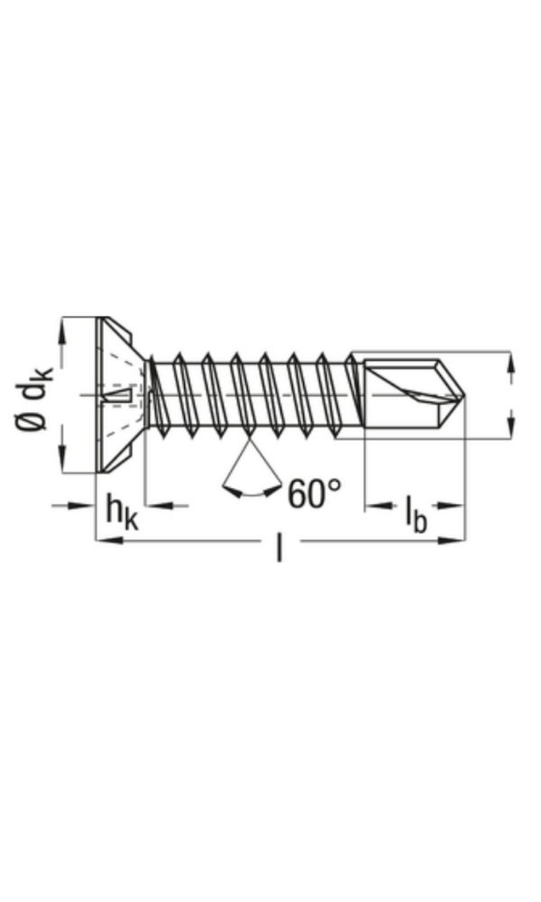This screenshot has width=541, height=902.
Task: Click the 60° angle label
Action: (x=315, y=493)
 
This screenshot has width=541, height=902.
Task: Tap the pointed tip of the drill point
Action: (x=463, y=394)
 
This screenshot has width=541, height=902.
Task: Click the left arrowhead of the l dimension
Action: (x=105, y=541)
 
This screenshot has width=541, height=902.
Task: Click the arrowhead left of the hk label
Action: (x=87, y=505)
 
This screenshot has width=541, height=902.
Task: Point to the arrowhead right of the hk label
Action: (x=154, y=505)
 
